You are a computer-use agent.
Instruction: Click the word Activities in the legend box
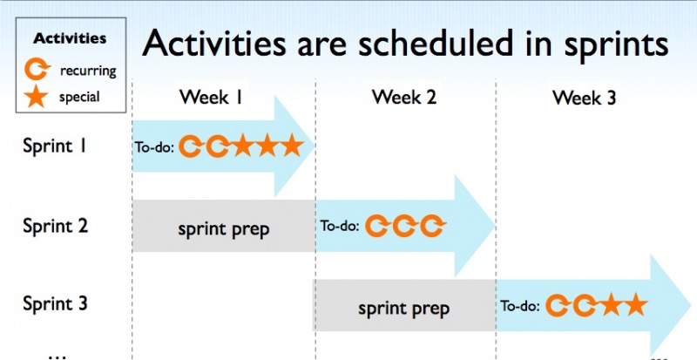[70, 38]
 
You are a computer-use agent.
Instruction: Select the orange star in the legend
[36, 98]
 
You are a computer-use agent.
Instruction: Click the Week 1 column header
[211, 97]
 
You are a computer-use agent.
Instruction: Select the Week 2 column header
[404, 97]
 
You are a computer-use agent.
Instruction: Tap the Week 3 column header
[584, 98]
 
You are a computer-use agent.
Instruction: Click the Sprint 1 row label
[53, 146]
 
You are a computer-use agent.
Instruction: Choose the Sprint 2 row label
[55, 226]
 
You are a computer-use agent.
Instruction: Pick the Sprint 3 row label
[55, 304]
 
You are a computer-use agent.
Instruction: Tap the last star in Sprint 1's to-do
[293, 145]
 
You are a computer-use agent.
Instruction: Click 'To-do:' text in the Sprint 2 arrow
[340, 226]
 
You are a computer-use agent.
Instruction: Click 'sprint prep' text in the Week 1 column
[224, 229]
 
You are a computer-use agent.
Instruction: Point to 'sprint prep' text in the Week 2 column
[403, 309]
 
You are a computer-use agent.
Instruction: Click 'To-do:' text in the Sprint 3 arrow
[520, 306]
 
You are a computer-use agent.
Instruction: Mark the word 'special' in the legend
[79, 97]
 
